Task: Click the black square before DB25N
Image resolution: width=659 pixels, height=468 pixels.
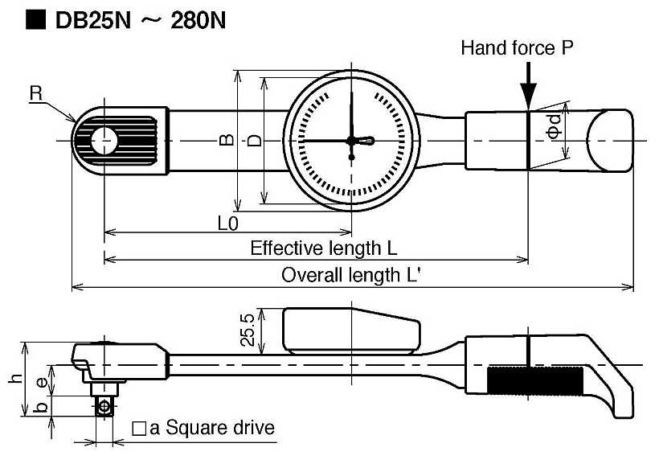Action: point(35,20)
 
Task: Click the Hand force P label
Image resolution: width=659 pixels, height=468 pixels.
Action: point(517,48)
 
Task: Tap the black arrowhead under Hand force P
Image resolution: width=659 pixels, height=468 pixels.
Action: point(528,96)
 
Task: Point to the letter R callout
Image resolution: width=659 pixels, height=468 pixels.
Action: point(36,93)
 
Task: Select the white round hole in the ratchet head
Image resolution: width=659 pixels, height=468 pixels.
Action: point(104,141)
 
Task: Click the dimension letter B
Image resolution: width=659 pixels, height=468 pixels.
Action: point(227,139)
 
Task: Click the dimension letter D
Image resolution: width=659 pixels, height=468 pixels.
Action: point(254,140)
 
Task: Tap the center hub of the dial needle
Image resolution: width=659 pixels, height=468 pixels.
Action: point(351,141)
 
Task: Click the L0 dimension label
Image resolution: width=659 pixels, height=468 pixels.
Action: point(227,224)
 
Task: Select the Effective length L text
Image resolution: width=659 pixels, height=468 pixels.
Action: point(324,248)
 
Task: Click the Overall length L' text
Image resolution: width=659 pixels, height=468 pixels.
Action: point(350,276)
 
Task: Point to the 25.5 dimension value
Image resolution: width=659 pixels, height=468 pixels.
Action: point(248,330)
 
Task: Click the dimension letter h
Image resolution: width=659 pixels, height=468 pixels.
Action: point(15,379)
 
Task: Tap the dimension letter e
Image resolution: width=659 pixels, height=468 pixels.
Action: point(42,382)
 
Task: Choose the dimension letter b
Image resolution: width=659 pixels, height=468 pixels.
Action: point(42,407)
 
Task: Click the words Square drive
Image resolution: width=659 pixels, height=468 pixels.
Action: point(220,428)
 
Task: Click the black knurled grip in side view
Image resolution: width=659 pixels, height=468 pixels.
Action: point(535,381)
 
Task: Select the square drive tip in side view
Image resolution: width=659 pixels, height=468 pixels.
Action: point(104,406)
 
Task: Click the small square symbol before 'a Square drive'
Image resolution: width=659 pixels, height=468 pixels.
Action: point(139,429)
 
